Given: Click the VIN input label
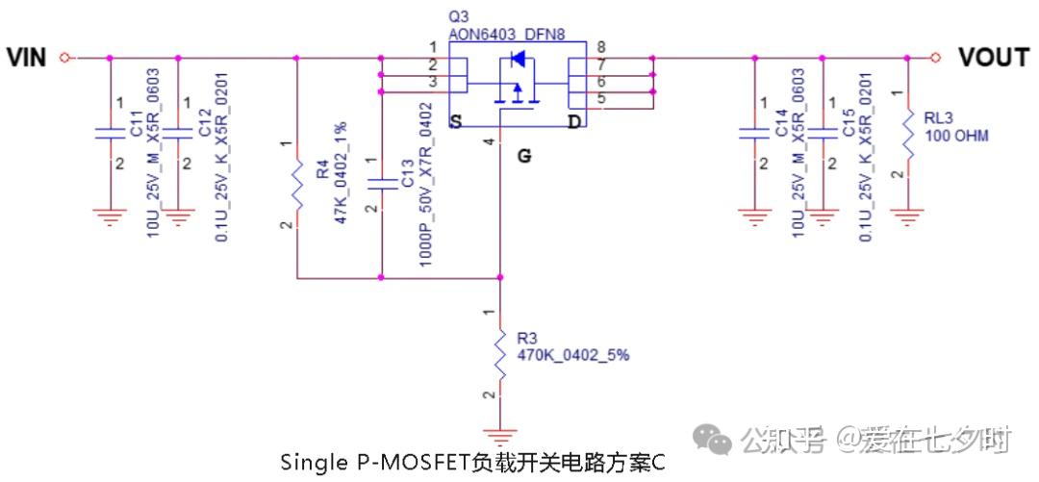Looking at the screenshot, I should click(x=26, y=58).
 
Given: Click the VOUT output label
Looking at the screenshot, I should click(x=993, y=58).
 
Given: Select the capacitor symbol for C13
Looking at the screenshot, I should click(x=383, y=183).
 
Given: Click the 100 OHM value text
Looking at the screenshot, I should click(x=955, y=136).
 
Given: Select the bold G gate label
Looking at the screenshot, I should click(x=523, y=156).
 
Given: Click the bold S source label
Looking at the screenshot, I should click(x=455, y=122).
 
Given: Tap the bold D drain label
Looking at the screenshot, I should click(x=573, y=122).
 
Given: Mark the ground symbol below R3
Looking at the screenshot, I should click(x=499, y=435).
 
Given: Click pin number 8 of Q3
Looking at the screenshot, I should click(x=600, y=46).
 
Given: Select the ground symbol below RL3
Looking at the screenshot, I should click(x=907, y=217).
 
